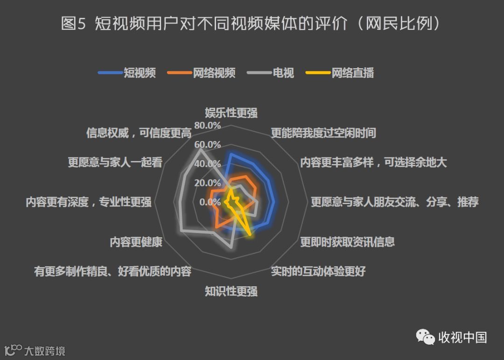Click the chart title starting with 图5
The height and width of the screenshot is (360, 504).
252,24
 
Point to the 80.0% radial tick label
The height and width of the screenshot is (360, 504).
207,126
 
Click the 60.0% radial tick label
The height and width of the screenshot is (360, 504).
207,144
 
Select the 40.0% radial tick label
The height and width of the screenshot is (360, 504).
207,164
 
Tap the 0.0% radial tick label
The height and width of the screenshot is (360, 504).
210,202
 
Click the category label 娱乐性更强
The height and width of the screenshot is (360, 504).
231,113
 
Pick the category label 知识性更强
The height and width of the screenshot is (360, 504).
231,292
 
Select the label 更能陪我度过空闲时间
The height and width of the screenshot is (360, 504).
323,133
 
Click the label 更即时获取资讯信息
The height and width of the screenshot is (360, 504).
347,242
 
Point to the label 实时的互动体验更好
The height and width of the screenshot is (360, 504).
318,271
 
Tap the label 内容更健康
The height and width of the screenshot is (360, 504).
136,242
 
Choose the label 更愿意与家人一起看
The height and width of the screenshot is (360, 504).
115,162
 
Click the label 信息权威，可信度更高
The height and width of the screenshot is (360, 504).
139,133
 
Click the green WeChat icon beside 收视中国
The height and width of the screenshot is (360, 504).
425,337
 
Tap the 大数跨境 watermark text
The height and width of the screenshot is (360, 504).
45,351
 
